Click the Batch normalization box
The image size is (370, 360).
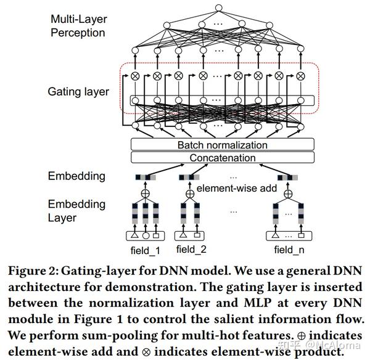pyautogui.click(x=223, y=145)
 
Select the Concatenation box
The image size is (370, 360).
pyautogui.click(x=223, y=158)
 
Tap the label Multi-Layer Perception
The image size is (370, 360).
pyautogui.click(x=78, y=26)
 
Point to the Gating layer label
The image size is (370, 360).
pyautogui.click(x=78, y=92)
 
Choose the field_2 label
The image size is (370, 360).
pyautogui.click(x=191, y=250)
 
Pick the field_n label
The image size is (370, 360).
pyautogui.click(x=289, y=250)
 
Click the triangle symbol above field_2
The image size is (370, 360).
pyautogui.click(x=183, y=235)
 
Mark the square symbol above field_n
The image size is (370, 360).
pyautogui.click(x=302, y=235)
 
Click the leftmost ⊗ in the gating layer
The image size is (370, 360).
pyautogui.click(x=135, y=76)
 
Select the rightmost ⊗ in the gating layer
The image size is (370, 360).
pyautogui.click(x=300, y=76)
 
